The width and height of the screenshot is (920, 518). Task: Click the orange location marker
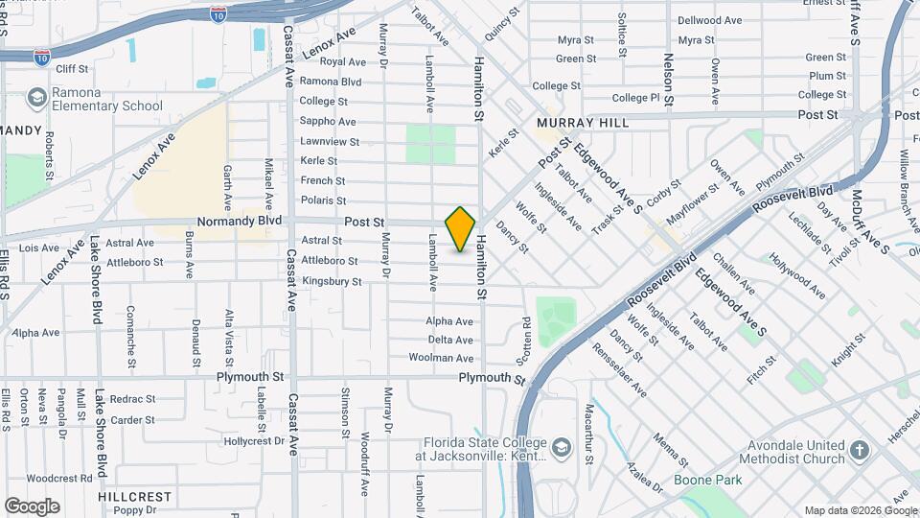click(460, 229)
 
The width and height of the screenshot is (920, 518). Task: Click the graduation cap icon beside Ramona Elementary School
click(36, 98)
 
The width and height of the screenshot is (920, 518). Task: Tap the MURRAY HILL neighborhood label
click(583, 123)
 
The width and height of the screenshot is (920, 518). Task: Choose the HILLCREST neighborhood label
click(134, 497)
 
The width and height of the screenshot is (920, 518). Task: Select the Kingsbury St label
click(332, 282)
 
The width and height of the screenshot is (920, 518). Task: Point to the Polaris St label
click(323, 200)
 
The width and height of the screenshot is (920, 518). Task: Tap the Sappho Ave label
click(328, 122)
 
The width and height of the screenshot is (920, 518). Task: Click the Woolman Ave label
click(441, 358)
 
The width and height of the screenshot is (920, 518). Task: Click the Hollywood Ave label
click(798, 277)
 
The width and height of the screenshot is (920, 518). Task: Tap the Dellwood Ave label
click(709, 20)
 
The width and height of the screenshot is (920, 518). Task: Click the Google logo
click(32, 506)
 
